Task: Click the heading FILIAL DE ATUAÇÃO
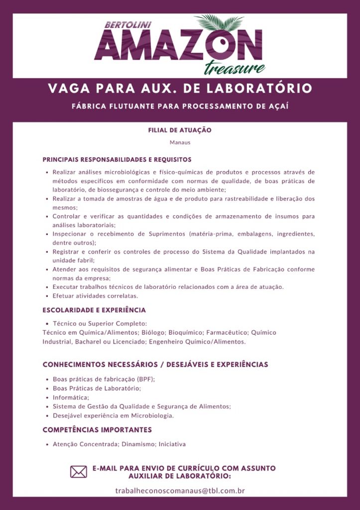click(180, 130)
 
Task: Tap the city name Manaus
click(180, 142)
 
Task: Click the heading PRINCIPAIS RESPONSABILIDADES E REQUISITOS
click(117, 160)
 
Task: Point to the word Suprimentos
click(167, 234)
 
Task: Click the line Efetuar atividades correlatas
click(95, 296)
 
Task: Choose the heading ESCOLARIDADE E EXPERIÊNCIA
click(94, 310)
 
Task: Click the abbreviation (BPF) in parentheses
click(145, 379)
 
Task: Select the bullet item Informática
click(71, 397)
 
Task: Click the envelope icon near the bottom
click(79, 472)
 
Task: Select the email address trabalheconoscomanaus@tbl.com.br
click(180, 491)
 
